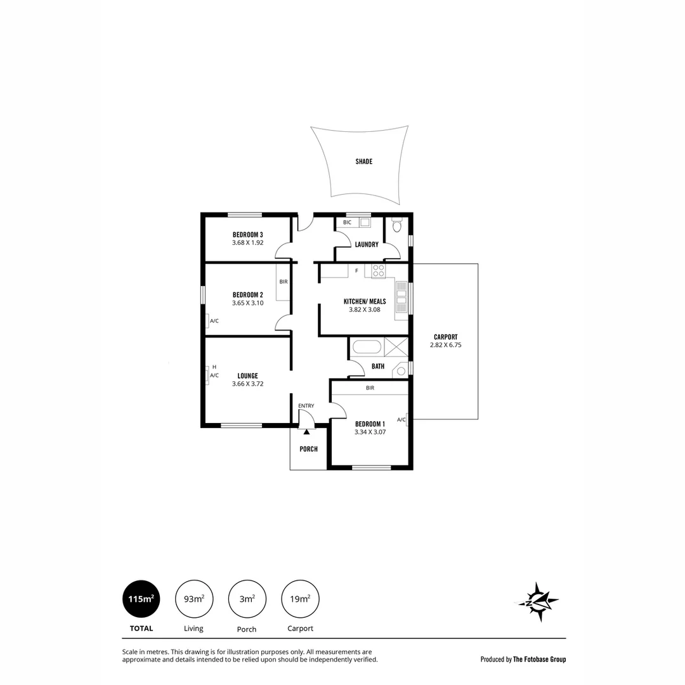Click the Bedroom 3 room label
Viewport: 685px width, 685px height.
[x=247, y=235]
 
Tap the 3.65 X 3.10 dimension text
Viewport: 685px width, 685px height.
[x=247, y=303]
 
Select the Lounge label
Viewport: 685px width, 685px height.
[x=247, y=375]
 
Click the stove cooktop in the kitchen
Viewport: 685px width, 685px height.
[x=379, y=271]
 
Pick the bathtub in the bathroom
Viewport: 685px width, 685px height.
[x=367, y=347]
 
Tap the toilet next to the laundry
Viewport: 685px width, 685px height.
[x=397, y=225]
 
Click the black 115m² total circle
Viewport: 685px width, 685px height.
[x=141, y=599]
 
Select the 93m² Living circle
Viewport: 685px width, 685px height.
[x=193, y=599]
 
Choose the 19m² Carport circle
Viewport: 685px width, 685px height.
[x=300, y=599]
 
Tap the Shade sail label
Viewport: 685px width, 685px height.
[x=363, y=162]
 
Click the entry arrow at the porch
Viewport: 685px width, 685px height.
[x=306, y=432]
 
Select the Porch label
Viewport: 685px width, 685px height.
[x=308, y=449]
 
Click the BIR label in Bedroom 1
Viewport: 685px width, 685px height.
[x=370, y=388]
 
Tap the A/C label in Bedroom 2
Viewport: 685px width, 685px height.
[x=214, y=321]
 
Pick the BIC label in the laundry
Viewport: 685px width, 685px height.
[x=347, y=223]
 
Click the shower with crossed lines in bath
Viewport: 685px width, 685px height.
[x=396, y=347]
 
